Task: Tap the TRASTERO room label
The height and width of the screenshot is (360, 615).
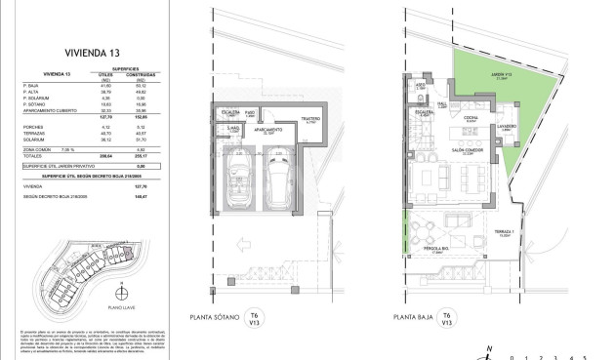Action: pyautogui.click(x=311, y=120)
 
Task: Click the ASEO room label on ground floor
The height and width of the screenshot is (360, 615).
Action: pyautogui.click(x=420, y=84)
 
